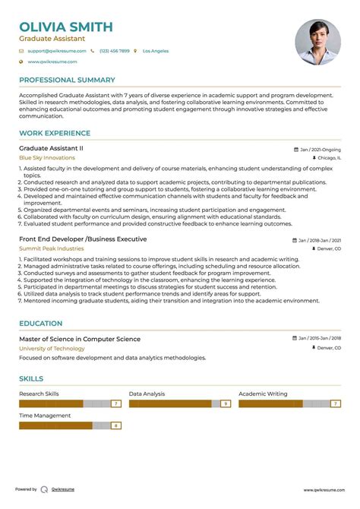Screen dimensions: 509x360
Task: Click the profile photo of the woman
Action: tap(317, 42)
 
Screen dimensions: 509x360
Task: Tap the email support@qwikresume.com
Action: tap(57, 51)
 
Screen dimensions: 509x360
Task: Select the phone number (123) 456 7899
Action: tap(113, 51)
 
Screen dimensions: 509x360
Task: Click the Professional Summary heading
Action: tap(67, 80)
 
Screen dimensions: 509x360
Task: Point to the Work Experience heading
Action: tap(54, 133)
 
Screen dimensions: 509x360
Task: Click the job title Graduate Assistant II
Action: tap(51, 149)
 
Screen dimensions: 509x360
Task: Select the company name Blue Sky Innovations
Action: tap(47, 158)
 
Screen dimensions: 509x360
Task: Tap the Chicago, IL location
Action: tap(327, 158)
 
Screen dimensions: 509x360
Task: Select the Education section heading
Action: tap(41, 323)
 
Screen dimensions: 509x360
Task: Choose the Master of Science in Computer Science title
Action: tap(80, 339)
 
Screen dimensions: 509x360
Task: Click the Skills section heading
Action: tap(31, 378)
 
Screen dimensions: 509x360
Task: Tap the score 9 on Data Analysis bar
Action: tap(225, 404)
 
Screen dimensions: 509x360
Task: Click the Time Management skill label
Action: tap(45, 416)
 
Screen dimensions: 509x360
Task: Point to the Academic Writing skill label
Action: tap(263, 394)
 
